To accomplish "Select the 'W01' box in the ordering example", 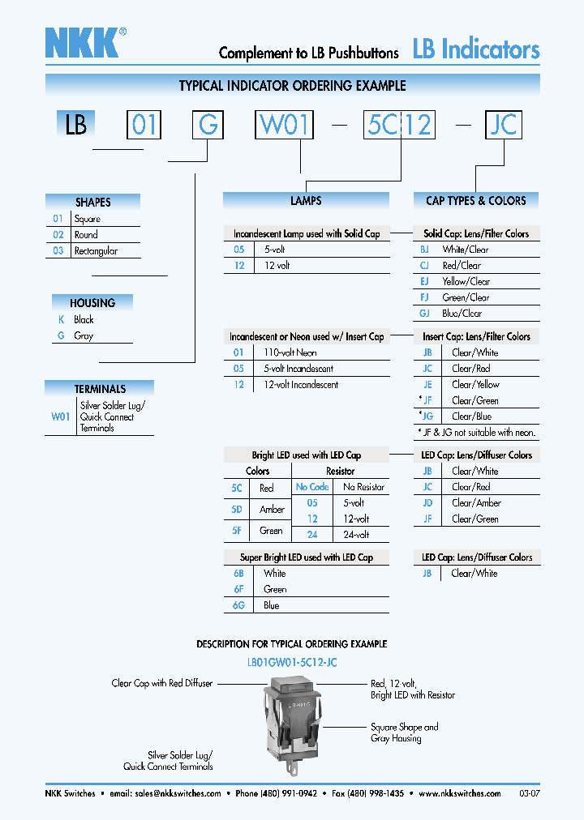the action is coord(284,125).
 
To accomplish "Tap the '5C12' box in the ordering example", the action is coord(399,125).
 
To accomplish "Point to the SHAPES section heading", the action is coord(92,202).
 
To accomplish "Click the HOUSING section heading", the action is coord(92,303).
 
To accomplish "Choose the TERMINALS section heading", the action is coord(100,389).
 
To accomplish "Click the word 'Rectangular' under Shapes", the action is coord(96,251).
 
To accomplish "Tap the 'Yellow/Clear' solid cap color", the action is coord(466,281).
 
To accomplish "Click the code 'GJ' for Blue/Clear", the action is coord(424,313).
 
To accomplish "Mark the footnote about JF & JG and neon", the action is coord(477,432).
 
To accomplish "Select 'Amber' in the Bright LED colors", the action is coord(272,510).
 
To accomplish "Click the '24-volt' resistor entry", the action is coord(356,535).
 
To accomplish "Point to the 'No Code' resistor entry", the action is coord(312,487).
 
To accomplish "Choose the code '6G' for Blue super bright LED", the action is coord(238,605).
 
